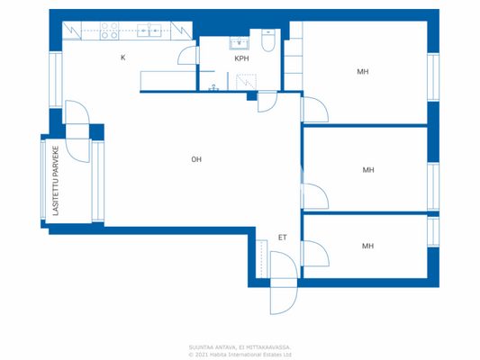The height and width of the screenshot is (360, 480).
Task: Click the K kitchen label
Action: pos(123,58)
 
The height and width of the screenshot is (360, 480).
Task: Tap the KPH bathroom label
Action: pos(240,58)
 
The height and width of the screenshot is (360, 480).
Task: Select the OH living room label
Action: pos(195,159)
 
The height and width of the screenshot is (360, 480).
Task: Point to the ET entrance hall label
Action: pos(282,238)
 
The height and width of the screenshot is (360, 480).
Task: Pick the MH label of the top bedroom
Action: pos(362,71)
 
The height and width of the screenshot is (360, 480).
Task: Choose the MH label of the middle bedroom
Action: pos(367,169)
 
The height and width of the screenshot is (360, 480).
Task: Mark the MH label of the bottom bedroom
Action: pos(367,246)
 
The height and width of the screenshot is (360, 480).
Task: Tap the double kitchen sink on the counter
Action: pos(149,30)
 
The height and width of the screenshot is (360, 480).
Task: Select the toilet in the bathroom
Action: pos(267,42)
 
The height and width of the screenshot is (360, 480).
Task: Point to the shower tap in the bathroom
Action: pos(213,88)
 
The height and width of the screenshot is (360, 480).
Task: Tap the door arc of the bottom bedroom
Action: pos(316,254)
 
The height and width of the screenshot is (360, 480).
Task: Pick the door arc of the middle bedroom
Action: pos(314,195)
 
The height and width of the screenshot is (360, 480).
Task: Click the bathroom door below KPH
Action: pos(267,102)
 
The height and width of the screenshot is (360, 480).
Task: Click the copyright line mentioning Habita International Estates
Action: pos(240,354)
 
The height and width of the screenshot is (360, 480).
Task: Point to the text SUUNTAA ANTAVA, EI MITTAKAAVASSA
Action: pos(240,346)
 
